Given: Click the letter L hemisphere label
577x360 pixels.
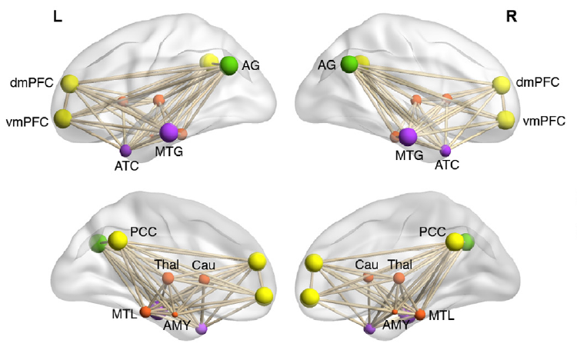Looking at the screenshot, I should click(x=56, y=15).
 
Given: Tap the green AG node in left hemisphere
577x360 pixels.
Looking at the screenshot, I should click(x=229, y=65).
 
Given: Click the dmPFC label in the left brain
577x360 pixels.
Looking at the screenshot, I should click(x=29, y=81).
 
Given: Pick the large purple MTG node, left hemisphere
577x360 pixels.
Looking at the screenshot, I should click(x=168, y=132).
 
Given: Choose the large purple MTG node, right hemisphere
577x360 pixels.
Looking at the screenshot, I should click(x=408, y=136).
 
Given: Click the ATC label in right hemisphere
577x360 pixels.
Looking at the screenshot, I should click(x=447, y=164).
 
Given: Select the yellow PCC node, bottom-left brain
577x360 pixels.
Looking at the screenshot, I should click(x=118, y=240).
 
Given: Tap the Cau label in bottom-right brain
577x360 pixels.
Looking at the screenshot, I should click(x=366, y=265).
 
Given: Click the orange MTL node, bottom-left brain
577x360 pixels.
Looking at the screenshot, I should click(x=145, y=312).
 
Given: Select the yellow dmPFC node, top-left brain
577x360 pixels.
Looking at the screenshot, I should click(x=70, y=83).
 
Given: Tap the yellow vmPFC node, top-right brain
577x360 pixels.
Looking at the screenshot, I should click(x=505, y=119).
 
